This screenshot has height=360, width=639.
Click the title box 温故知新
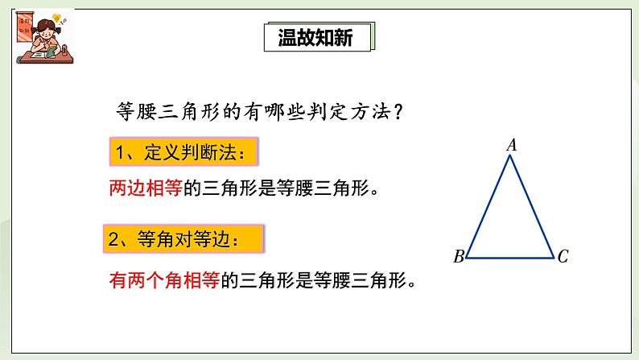point(319,38)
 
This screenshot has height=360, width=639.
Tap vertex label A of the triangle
point(511,145)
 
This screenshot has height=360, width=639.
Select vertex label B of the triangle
point(458,258)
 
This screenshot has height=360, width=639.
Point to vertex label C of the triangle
point(563,258)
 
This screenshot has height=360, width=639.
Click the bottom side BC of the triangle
point(510,258)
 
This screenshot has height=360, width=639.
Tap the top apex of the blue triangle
point(510,156)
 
